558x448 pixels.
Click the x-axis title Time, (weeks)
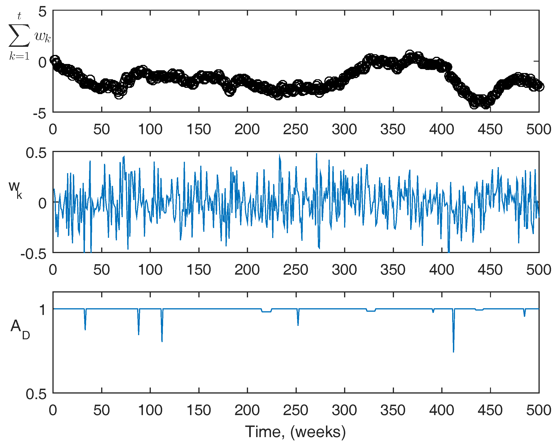pos(295,432)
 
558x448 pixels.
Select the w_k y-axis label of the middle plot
pos(15,190)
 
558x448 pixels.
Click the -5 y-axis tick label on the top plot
pos(40,114)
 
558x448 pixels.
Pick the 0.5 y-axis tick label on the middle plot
pos(36,153)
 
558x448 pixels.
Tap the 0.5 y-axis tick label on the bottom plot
pos(36,395)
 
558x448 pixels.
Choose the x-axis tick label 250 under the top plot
pos(296,130)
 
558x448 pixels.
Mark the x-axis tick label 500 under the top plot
pos(539,130)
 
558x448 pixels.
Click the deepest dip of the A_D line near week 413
pos(453,351)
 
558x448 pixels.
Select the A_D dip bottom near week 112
pos(162,341)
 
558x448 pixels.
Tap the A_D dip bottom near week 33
pos(85,330)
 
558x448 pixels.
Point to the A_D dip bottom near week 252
pos(298,325)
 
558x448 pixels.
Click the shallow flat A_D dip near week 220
pos(267,312)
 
